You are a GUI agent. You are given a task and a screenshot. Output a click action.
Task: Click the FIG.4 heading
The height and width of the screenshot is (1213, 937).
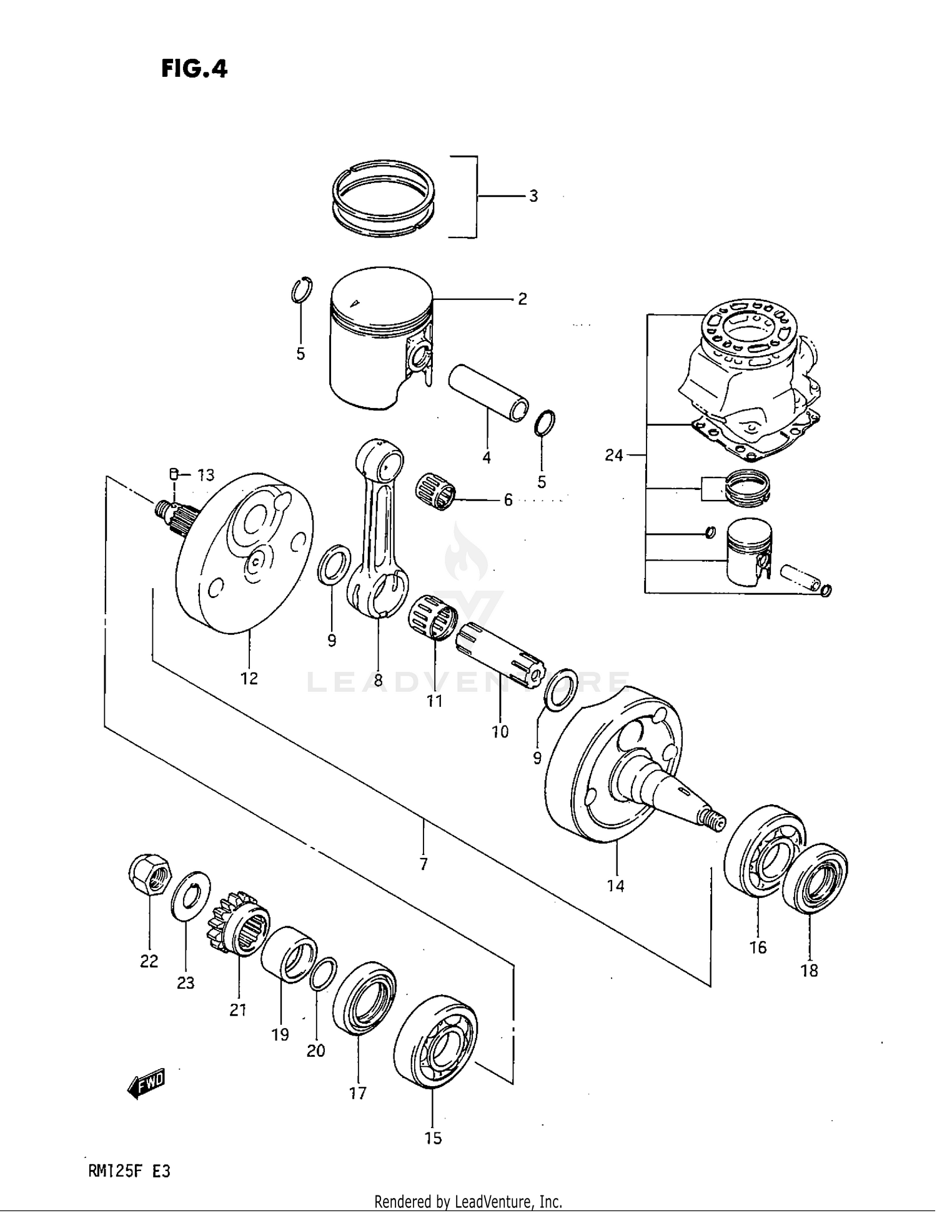[x=194, y=68]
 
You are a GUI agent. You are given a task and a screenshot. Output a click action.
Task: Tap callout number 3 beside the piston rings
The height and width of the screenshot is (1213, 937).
[x=533, y=196]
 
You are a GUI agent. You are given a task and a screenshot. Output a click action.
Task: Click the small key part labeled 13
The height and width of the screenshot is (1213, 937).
[x=175, y=473]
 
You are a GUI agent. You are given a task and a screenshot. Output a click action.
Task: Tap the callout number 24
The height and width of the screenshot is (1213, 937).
[x=613, y=456]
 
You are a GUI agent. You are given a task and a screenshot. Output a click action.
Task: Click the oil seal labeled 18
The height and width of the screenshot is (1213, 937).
[x=815, y=879]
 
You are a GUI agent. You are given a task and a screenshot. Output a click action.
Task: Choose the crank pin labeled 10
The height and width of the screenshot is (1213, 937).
[x=500, y=656]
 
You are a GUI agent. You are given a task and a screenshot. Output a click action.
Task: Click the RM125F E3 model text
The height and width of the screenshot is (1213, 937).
[x=127, y=1172]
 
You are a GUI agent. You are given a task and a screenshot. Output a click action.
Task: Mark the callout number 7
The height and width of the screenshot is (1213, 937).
[x=424, y=864]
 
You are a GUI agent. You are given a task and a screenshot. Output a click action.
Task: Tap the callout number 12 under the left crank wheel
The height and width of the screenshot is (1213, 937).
[x=249, y=679]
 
